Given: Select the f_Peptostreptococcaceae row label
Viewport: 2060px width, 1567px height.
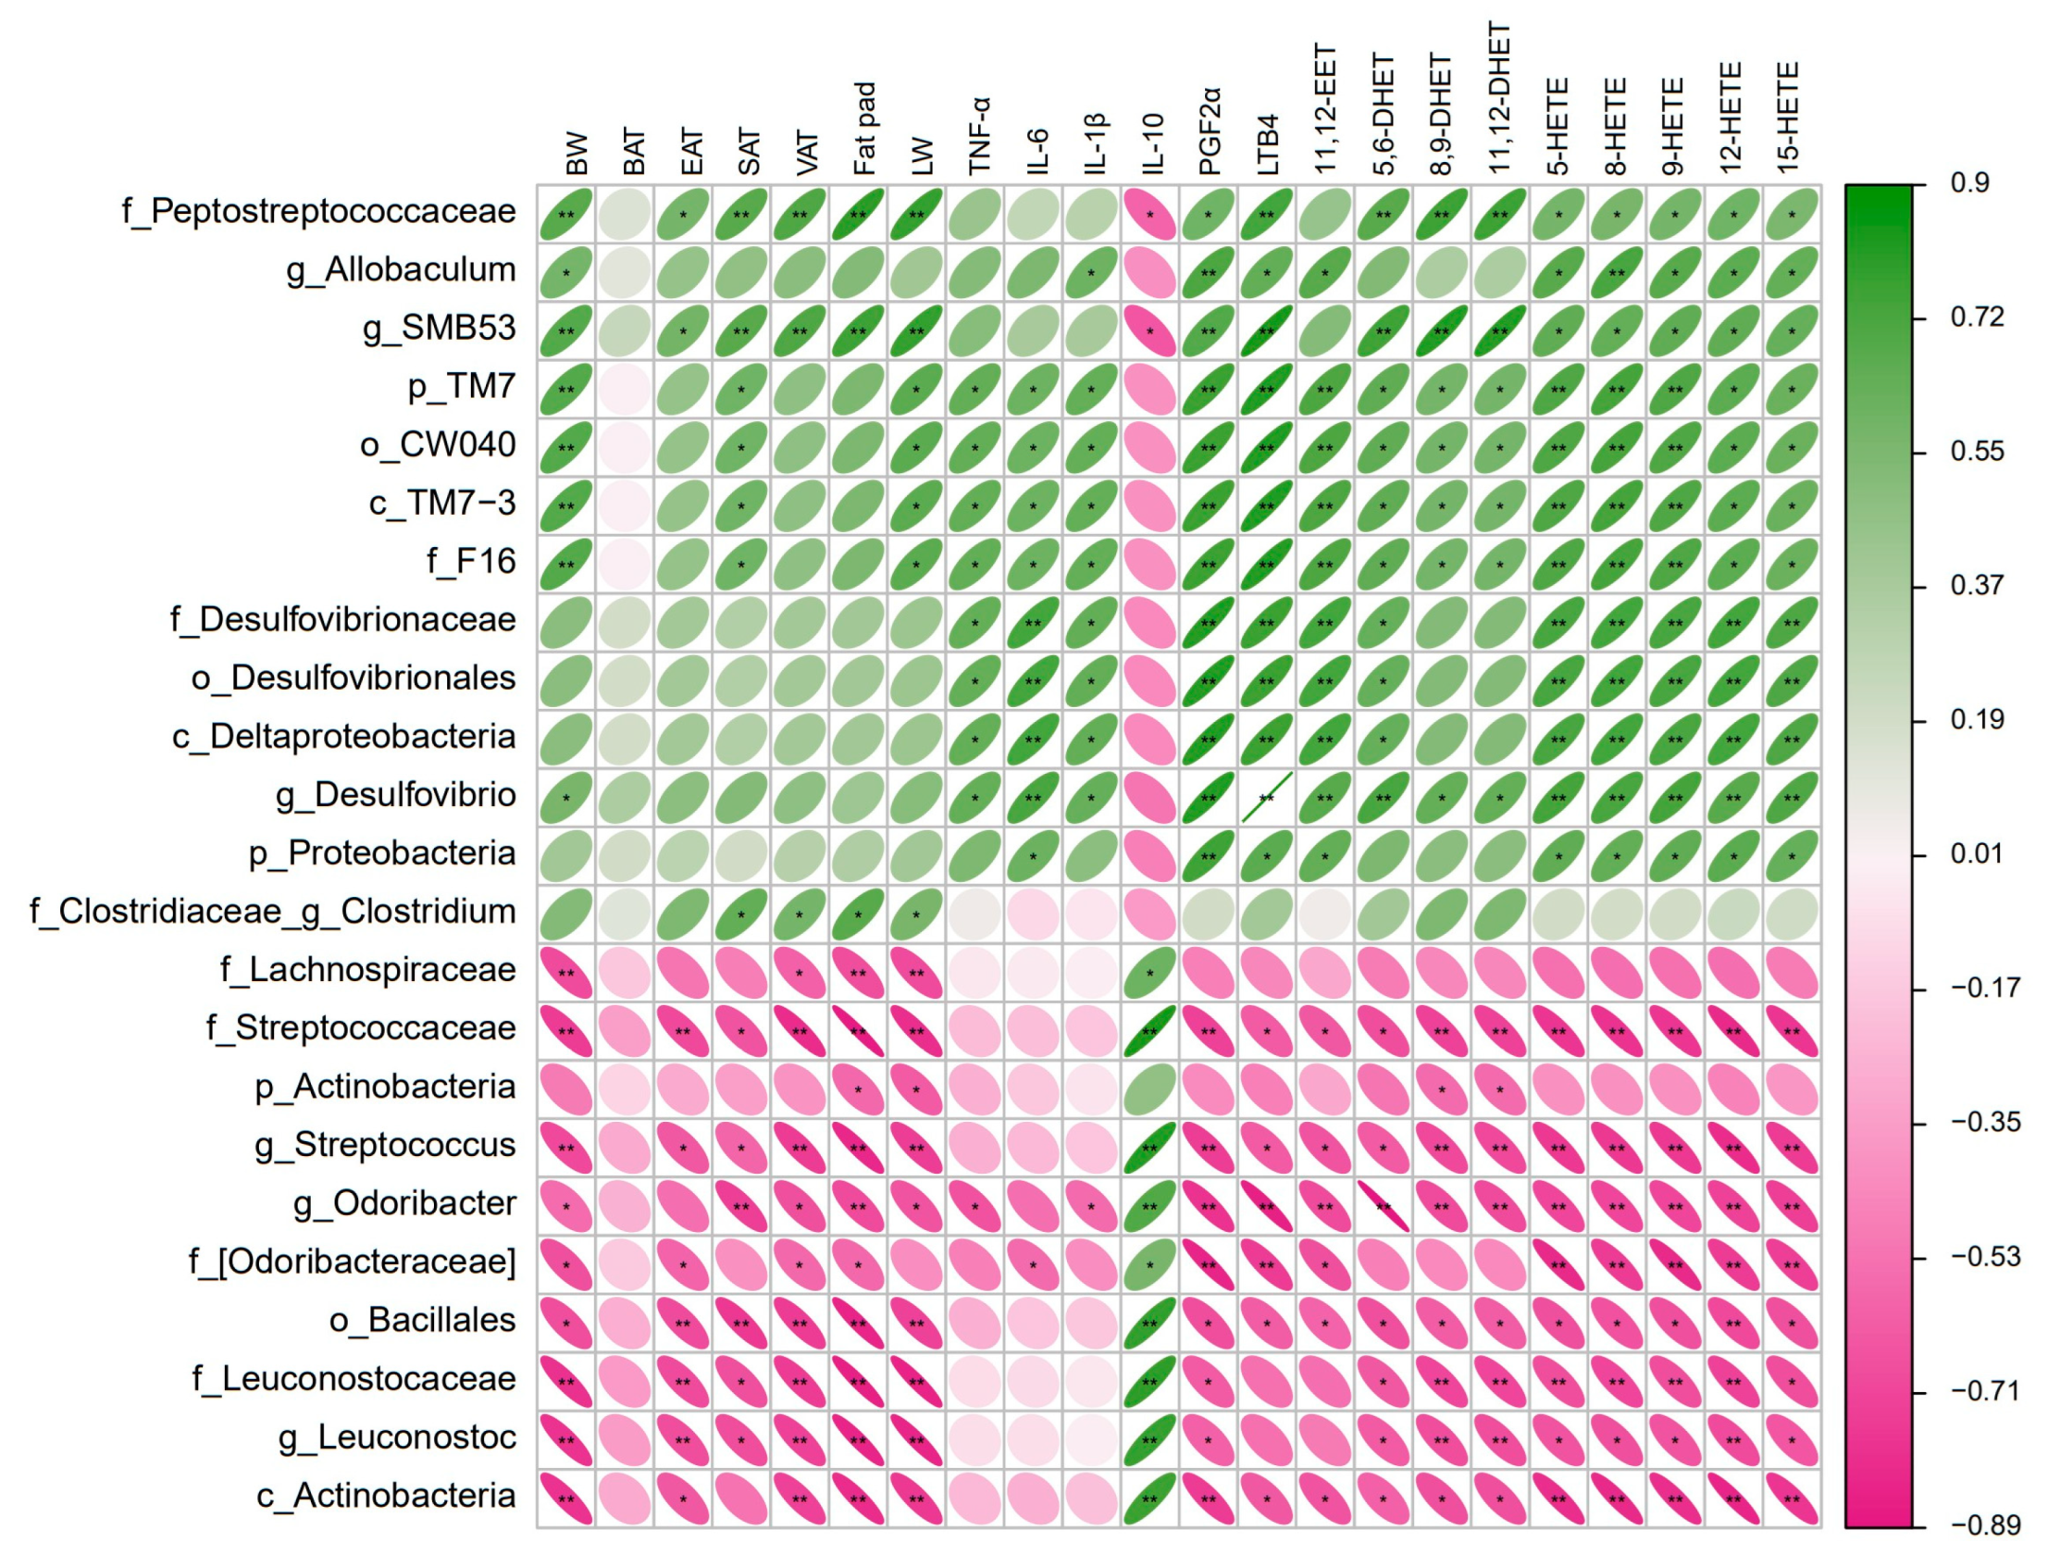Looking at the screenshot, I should tap(318, 212).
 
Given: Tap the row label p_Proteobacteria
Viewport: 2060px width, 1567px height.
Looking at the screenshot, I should tap(381, 853).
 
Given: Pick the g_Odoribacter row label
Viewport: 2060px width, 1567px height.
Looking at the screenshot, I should tap(403, 1204).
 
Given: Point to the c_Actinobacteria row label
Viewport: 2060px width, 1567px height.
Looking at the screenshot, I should tap(386, 1496).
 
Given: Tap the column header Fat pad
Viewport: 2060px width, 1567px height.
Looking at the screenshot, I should tap(863, 129).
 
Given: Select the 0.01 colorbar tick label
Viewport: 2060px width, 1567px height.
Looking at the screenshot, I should tap(1976, 854).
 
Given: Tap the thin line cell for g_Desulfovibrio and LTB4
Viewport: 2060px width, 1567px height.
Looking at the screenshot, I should tap(1266, 798).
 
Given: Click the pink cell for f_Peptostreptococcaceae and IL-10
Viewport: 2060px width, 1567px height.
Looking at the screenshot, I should tap(1149, 214).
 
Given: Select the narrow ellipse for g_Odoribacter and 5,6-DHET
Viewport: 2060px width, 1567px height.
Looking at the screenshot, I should tap(1383, 1206).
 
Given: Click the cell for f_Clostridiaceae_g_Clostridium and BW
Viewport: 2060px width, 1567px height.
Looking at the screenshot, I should tap(566, 914).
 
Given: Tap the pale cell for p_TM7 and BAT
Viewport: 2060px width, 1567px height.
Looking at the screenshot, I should tap(624, 389).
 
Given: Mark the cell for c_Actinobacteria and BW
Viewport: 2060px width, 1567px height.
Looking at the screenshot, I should tap(566, 1498).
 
